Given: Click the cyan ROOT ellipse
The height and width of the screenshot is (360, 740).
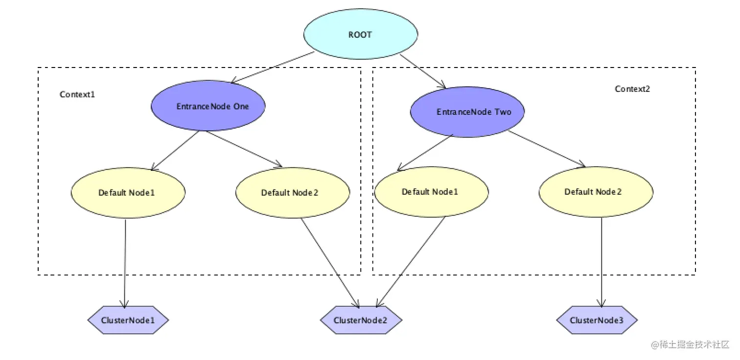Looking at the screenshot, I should point(361,35).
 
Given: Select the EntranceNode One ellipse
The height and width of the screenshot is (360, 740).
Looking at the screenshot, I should point(208,106).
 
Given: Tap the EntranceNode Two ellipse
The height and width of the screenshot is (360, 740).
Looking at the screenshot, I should point(467,112).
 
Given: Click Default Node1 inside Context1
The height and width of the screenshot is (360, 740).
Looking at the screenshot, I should point(128,192).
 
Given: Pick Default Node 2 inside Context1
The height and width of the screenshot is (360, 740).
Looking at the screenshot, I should point(293,192).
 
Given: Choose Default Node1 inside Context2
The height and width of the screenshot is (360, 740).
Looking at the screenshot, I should point(431,191).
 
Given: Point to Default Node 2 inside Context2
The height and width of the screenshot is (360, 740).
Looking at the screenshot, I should point(596,191).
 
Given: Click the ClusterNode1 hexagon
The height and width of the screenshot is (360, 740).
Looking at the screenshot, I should point(128,320).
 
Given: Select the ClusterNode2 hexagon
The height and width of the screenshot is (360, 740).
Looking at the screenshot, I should point(361,320).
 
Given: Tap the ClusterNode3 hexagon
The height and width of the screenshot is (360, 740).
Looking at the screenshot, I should point(597,320).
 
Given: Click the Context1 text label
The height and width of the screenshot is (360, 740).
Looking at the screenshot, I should point(77,94).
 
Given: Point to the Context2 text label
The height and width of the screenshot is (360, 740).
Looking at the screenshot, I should point(632,89).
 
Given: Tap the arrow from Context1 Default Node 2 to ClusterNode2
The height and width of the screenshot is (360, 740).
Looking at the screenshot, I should point(330,263).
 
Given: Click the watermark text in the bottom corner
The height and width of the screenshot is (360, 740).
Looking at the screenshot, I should point(690,345).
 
